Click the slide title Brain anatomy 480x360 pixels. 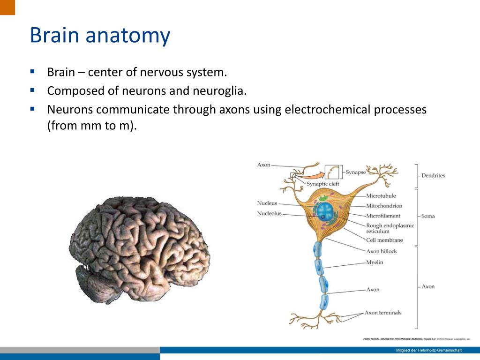pyautogui.click(x=100, y=36)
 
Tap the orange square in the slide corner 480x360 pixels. pyautogui.click(x=7, y=7)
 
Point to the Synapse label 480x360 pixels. pyautogui.click(x=356, y=172)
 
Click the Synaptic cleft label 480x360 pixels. pyautogui.click(x=323, y=184)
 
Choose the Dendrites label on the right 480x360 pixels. pyautogui.click(x=433, y=175)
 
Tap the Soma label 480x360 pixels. pyautogui.click(x=428, y=216)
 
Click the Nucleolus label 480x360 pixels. pyautogui.click(x=269, y=214)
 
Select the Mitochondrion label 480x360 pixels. pyautogui.click(x=384, y=205)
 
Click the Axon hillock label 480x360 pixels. pyautogui.click(x=381, y=251)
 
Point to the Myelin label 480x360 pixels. pyautogui.click(x=375, y=262)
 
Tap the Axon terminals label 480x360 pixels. pyautogui.click(x=383, y=313)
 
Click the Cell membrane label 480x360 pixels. pyautogui.click(x=384, y=240)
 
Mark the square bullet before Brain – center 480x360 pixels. pyautogui.click(x=32, y=72)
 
